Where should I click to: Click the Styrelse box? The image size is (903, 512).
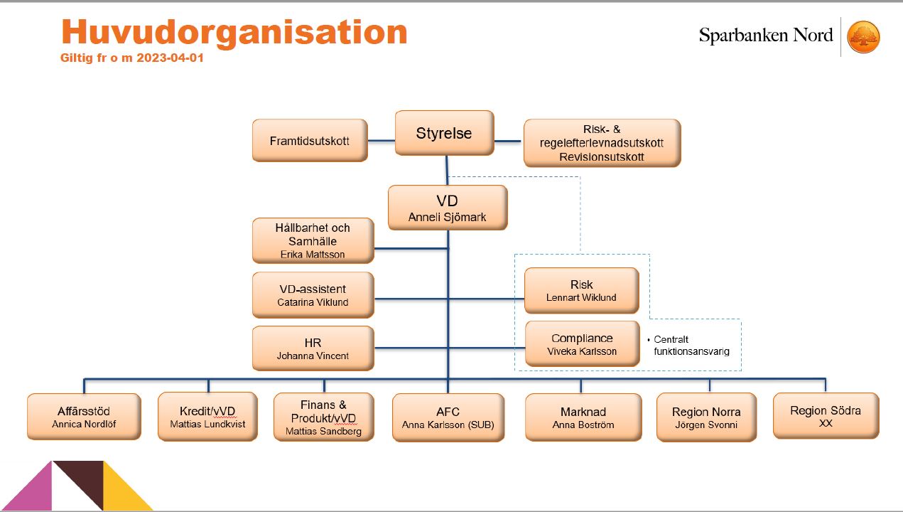tap(444, 133)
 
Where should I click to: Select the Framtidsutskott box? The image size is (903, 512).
tap(310, 140)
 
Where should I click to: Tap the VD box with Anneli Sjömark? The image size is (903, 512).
tap(448, 208)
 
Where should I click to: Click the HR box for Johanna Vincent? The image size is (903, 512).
tap(313, 348)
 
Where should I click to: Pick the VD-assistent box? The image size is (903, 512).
tap(313, 295)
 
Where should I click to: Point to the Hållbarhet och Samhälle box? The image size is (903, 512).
tap(313, 241)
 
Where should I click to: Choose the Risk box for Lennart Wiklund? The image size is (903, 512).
tap(581, 291)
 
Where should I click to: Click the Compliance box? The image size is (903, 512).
tap(582, 343)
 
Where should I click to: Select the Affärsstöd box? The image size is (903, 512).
tap(84, 417)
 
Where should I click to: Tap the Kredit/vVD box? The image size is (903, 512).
tap(207, 417)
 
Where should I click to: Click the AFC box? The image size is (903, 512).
tap(448, 417)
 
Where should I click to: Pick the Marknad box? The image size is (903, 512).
tap(583, 417)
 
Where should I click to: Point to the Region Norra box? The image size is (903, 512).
tap(706, 417)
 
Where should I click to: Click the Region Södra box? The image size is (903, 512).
tap(826, 416)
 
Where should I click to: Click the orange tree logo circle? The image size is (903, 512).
tap(863, 37)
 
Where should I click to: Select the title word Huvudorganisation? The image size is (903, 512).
tap(234, 32)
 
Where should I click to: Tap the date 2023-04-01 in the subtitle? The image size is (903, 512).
tap(170, 58)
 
